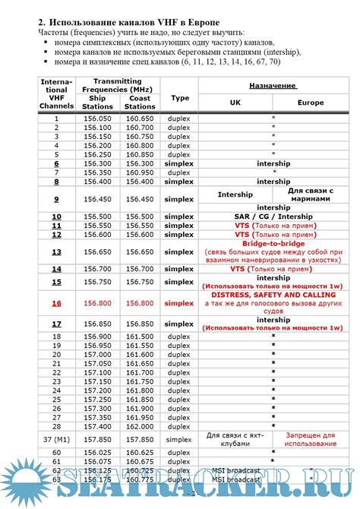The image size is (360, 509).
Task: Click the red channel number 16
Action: (57, 303)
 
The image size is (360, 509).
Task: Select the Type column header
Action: (179, 98)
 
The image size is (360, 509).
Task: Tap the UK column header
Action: (234, 101)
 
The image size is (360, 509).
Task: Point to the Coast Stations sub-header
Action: (140, 103)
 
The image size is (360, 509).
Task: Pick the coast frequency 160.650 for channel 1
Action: (140, 119)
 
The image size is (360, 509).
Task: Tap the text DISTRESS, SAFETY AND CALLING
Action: (273, 294)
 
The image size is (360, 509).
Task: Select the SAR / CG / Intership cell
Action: (273, 216)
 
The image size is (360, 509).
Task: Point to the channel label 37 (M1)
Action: (57, 438)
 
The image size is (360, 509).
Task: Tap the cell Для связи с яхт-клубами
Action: (234, 438)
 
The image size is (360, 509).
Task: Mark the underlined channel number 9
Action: (57, 199)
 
